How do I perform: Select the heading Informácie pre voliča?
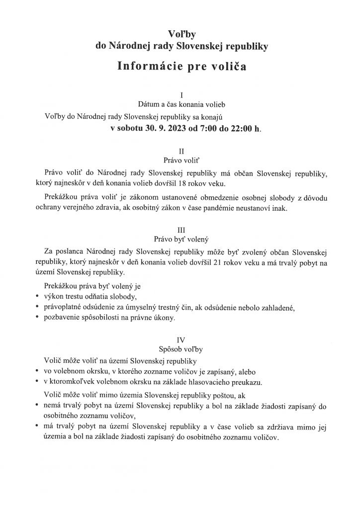click(181, 66)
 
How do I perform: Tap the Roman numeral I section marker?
click(181, 94)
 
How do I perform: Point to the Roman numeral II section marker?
click(181, 150)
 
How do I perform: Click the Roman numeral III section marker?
click(181, 230)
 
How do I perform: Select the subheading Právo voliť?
click(181, 160)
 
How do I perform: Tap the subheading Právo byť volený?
click(181, 240)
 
